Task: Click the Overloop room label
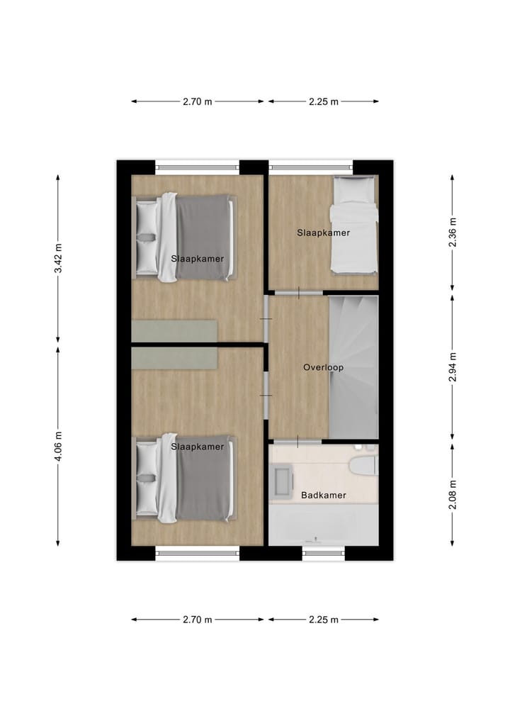point(323,367)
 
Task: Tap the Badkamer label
point(323,495)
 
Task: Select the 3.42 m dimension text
point(59,260)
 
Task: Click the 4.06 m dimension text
point(59,447)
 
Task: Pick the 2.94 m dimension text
point(452,367)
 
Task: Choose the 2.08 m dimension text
point(452,494)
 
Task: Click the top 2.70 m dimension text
point(197,101)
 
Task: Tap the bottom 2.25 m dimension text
point(323,620)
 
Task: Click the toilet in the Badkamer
point(364,464)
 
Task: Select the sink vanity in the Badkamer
point(283,480)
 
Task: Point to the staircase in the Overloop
point(353,367)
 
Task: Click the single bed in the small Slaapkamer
point(354,225)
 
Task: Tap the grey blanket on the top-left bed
point(203,237)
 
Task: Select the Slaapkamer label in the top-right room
point(323,233)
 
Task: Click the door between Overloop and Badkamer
point(299,442)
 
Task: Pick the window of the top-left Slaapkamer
point(197,168)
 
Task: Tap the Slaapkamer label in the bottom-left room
point(197,447)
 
